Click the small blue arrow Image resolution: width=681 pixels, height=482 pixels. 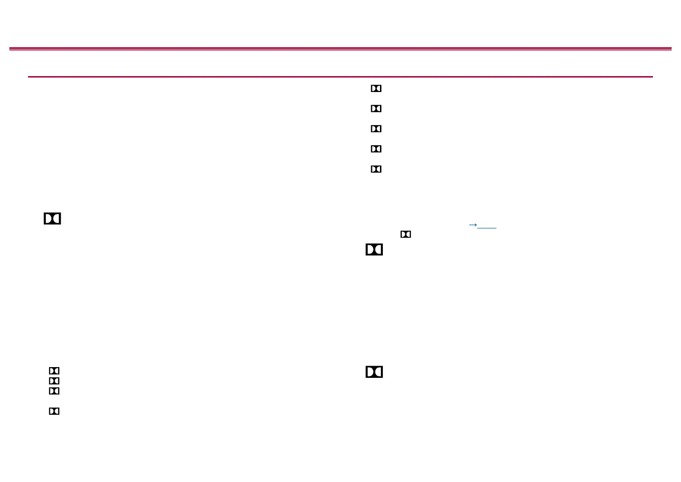point(473,225)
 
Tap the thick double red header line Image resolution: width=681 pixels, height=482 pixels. point(340,49)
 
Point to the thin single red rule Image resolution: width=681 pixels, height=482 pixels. point(340,77)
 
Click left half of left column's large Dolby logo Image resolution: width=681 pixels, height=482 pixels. point(48,219)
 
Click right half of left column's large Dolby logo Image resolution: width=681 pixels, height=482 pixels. point(57,219)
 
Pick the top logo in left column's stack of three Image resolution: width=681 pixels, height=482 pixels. point(54,371)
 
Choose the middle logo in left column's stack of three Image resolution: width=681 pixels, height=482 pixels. point(54,381)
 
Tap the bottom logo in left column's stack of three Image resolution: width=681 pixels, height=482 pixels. point(54,391)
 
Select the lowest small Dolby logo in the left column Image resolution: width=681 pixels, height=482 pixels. point(54,411)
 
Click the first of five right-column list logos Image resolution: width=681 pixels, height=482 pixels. point(376,88)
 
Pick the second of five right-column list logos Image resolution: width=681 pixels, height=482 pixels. point(376,108)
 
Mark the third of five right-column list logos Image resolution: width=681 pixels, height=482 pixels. point(376,128)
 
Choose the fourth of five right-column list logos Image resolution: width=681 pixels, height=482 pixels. point(376,149)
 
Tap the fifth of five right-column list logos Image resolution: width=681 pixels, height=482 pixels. point(376,169)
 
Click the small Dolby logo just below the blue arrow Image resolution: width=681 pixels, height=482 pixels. point(406,234)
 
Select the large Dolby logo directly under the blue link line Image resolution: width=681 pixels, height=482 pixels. point(374,250)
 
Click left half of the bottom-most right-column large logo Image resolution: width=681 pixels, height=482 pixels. point(370,372)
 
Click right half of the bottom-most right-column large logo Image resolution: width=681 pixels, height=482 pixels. point(379,372)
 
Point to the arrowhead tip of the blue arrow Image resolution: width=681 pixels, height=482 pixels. point(476,225)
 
